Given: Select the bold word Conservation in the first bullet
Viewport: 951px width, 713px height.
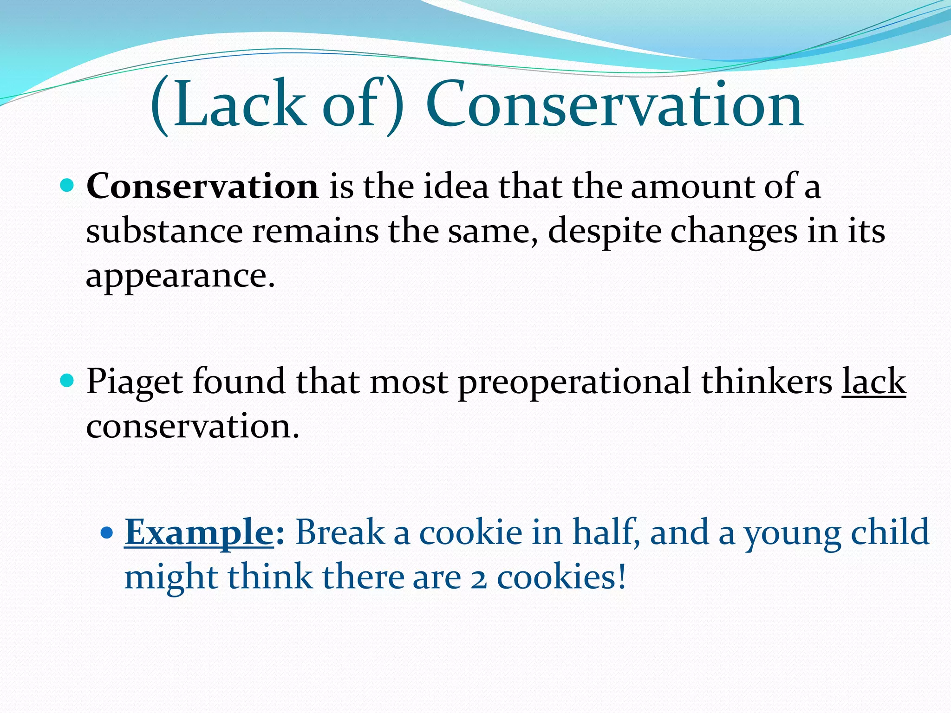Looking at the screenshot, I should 202,187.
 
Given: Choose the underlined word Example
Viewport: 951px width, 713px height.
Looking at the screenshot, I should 199,532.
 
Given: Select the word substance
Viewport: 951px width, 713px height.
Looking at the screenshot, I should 164,231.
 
